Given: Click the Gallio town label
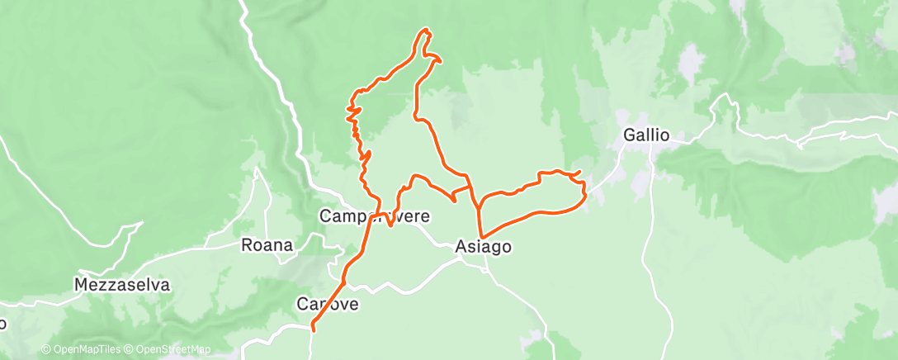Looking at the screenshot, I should tap(646, 135).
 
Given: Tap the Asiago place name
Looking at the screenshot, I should tap(484, 247).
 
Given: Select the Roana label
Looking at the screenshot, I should tap(267, 245).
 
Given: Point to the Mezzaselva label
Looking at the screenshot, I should tap(121, 286).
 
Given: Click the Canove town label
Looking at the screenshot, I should tap(328, 305).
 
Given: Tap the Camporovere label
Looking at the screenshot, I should tap(374, 217).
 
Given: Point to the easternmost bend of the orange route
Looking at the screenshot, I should tap(585, 196).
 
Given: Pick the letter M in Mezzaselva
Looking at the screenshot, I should tap(81, 286).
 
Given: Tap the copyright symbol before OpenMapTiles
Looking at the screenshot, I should tap(46, 349).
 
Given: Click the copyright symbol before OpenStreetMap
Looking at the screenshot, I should tap(130, 349).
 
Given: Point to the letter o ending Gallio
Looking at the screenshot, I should tap(664, 135).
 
